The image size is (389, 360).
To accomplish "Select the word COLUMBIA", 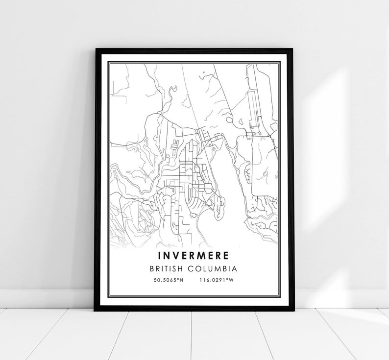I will [215, 269].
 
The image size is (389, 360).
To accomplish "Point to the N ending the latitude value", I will [182, 281].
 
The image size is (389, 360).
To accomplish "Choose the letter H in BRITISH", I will [184, 269].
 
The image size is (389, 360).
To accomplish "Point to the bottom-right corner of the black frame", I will [293, 310].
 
